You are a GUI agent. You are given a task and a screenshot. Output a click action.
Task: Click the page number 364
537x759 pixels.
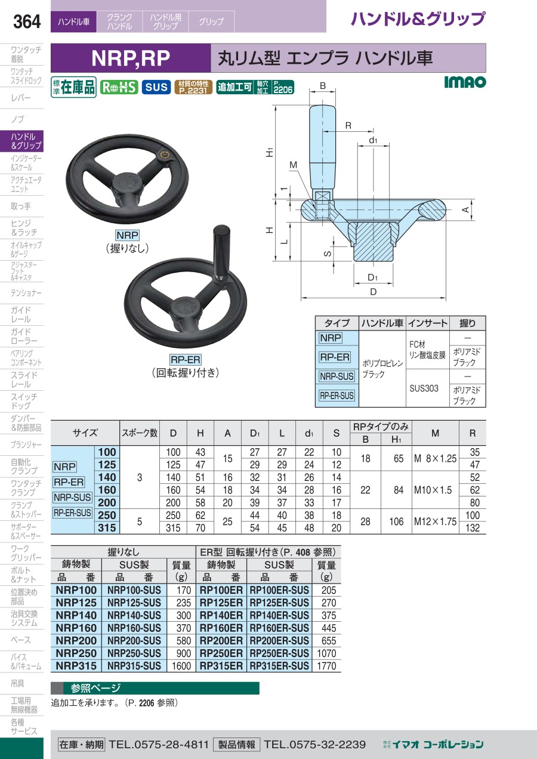click(27, 21)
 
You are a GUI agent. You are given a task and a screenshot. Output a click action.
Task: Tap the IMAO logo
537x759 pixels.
click(465, 82)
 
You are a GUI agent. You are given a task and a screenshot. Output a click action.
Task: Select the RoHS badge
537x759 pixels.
click(119, 87)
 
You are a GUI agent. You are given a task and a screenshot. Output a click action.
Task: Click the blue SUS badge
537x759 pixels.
click(156, 87)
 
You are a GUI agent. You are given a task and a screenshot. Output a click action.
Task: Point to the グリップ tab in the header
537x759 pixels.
click(211, 21)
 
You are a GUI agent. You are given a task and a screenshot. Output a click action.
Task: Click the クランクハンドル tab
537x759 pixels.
click(119, 21)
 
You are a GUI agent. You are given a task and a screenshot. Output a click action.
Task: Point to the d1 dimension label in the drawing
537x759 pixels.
click(373, 140)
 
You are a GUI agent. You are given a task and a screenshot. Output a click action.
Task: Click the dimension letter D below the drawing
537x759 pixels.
click(373, 292)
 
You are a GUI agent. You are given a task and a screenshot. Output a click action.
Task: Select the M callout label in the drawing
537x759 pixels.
click(293, 165)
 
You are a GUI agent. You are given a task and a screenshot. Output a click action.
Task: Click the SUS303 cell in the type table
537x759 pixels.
click(424, 388)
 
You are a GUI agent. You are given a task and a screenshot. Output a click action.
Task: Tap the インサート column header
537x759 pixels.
click(428, 323)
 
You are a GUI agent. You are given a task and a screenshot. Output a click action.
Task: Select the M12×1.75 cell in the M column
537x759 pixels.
click(436, 522)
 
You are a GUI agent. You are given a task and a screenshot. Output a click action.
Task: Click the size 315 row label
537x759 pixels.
click(107, 527)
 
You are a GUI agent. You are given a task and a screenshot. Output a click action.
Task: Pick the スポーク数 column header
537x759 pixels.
click(140, 433)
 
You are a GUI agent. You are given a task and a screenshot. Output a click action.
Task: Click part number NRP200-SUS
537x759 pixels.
click(134, 641)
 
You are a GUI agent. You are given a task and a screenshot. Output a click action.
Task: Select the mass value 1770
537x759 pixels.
click(326, 666)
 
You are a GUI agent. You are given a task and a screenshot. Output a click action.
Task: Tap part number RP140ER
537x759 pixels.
click(221, 615)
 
